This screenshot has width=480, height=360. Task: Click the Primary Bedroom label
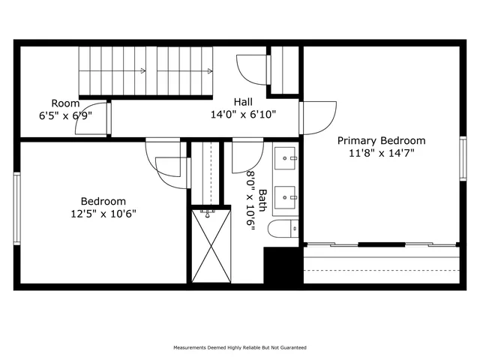(x=381, y=140)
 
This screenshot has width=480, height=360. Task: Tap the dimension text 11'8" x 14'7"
(x=381, y=152)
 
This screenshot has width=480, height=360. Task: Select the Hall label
(x=242, y=102)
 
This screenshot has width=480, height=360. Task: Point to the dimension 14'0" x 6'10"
(x=242, y=114)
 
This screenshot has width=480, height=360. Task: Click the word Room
(x=65, y=103)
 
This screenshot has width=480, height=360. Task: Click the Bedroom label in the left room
(x=103, y=201)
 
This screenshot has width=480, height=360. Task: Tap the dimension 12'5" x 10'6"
(x=103, y=213)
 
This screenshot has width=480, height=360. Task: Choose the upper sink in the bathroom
(x=286, y=158)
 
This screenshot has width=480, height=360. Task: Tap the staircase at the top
(x=147, y=71)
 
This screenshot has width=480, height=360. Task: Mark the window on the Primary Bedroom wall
(x=463, y=158)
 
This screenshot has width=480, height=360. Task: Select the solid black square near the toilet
(x=281, y=265)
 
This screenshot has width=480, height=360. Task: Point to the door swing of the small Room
(x=91, y=118)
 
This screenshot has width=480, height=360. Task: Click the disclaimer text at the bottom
(x=240, y=348)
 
